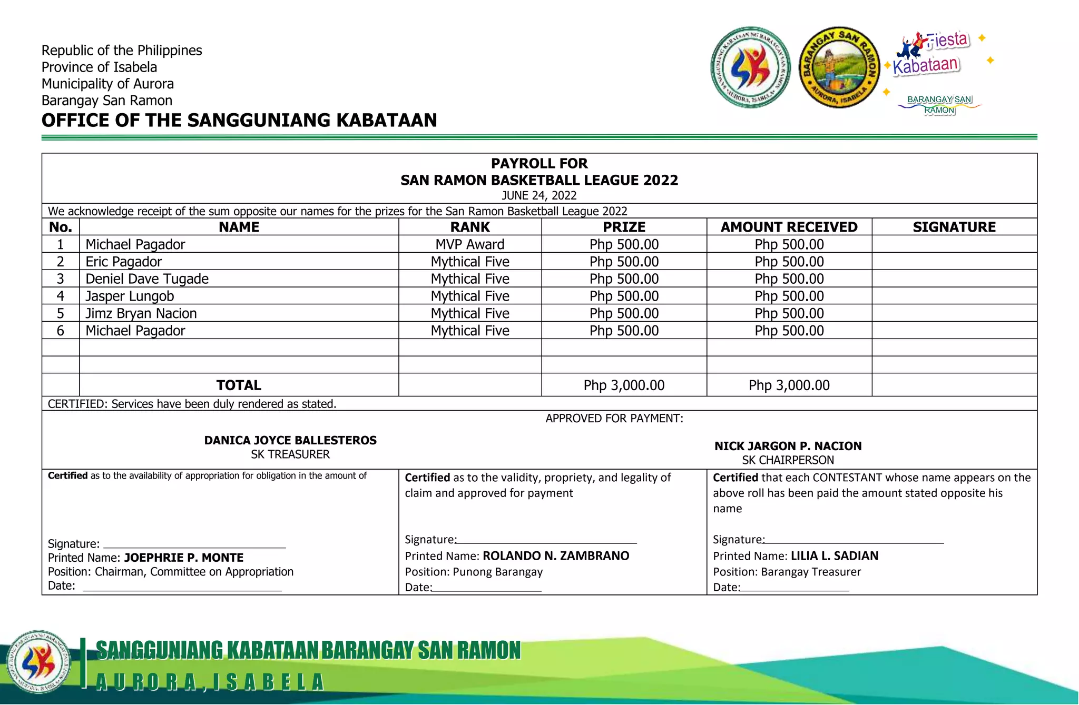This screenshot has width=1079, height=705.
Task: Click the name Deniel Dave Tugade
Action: click(x=147, y=279)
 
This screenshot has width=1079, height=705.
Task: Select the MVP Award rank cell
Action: click(x=470, y=244)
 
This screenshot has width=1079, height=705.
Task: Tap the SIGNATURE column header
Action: click(x=954, y=227)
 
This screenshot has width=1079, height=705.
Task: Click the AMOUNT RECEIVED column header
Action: click(x=789, y=227)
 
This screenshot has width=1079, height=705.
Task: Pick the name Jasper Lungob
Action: click(x=130, y=296)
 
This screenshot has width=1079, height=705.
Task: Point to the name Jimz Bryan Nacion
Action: click(x=141, y=314)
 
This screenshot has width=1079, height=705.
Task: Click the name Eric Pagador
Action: click(x=124, y=262)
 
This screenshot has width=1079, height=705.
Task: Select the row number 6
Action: click(x=61, y=331)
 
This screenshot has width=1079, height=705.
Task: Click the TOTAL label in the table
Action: click(x=239, y=385)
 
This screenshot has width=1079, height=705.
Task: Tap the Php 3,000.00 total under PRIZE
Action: click(x=624, y=385)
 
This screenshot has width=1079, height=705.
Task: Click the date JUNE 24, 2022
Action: click(x=539, y=195)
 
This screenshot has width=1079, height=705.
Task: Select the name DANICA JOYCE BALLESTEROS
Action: click(x=290, y=440)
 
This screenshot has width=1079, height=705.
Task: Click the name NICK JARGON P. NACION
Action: click(x=788, y=446)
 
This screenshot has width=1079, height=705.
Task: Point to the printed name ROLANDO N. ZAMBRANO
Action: click(x=556, y=556)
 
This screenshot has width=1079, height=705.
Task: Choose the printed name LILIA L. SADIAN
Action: click(x=835, y=556)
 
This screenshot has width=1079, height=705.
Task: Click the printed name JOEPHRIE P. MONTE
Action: click(x=184, y=558)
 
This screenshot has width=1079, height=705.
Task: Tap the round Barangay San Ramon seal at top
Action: click(x=839, y=67)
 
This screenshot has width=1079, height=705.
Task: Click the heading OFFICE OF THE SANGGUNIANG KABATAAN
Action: click(x=239, y=121)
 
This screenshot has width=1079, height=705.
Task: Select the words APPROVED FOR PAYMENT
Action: click(x=614, y=419)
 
